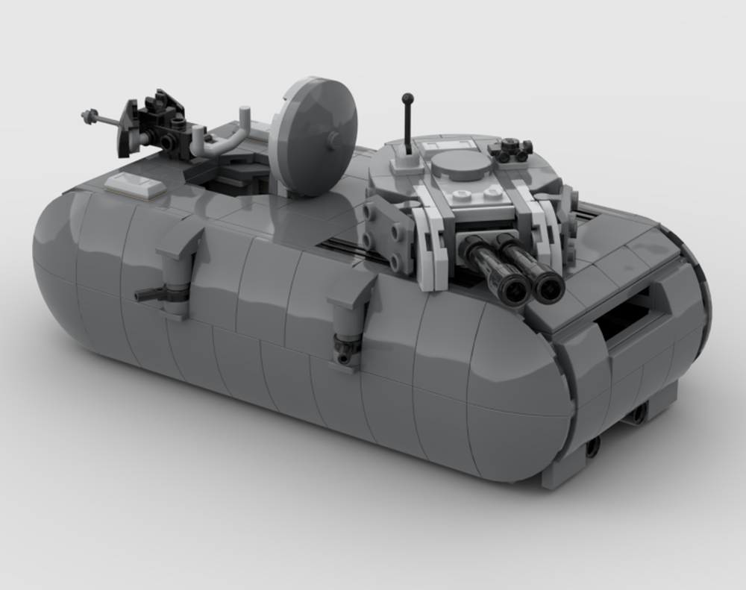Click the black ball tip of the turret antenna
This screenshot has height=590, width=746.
point(407,98)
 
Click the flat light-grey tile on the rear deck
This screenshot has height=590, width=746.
point(136,184)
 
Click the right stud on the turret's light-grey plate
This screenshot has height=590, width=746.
point(492,193)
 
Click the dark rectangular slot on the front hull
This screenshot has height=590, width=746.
point(619,314)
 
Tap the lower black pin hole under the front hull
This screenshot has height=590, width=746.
point(592,447)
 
